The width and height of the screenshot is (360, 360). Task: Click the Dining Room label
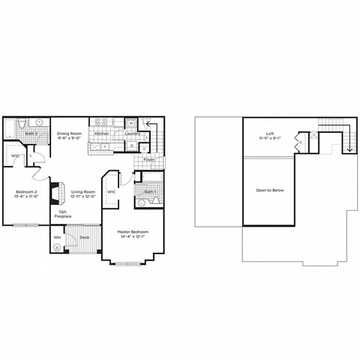(70, 133)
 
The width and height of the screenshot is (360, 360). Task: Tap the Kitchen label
(103, 133)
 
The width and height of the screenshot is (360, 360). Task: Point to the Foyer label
(148, 160)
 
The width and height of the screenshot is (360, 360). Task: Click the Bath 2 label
(31, 133)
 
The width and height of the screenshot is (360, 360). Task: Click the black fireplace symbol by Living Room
(54, 193)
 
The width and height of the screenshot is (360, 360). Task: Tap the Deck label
(84, 238)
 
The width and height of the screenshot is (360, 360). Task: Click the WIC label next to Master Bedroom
(111, 192)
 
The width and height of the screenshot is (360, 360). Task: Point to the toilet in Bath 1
(142, 202)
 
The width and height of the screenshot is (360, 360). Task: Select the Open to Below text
(270, 190)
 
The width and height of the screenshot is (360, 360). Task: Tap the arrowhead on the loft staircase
(349, 150)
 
